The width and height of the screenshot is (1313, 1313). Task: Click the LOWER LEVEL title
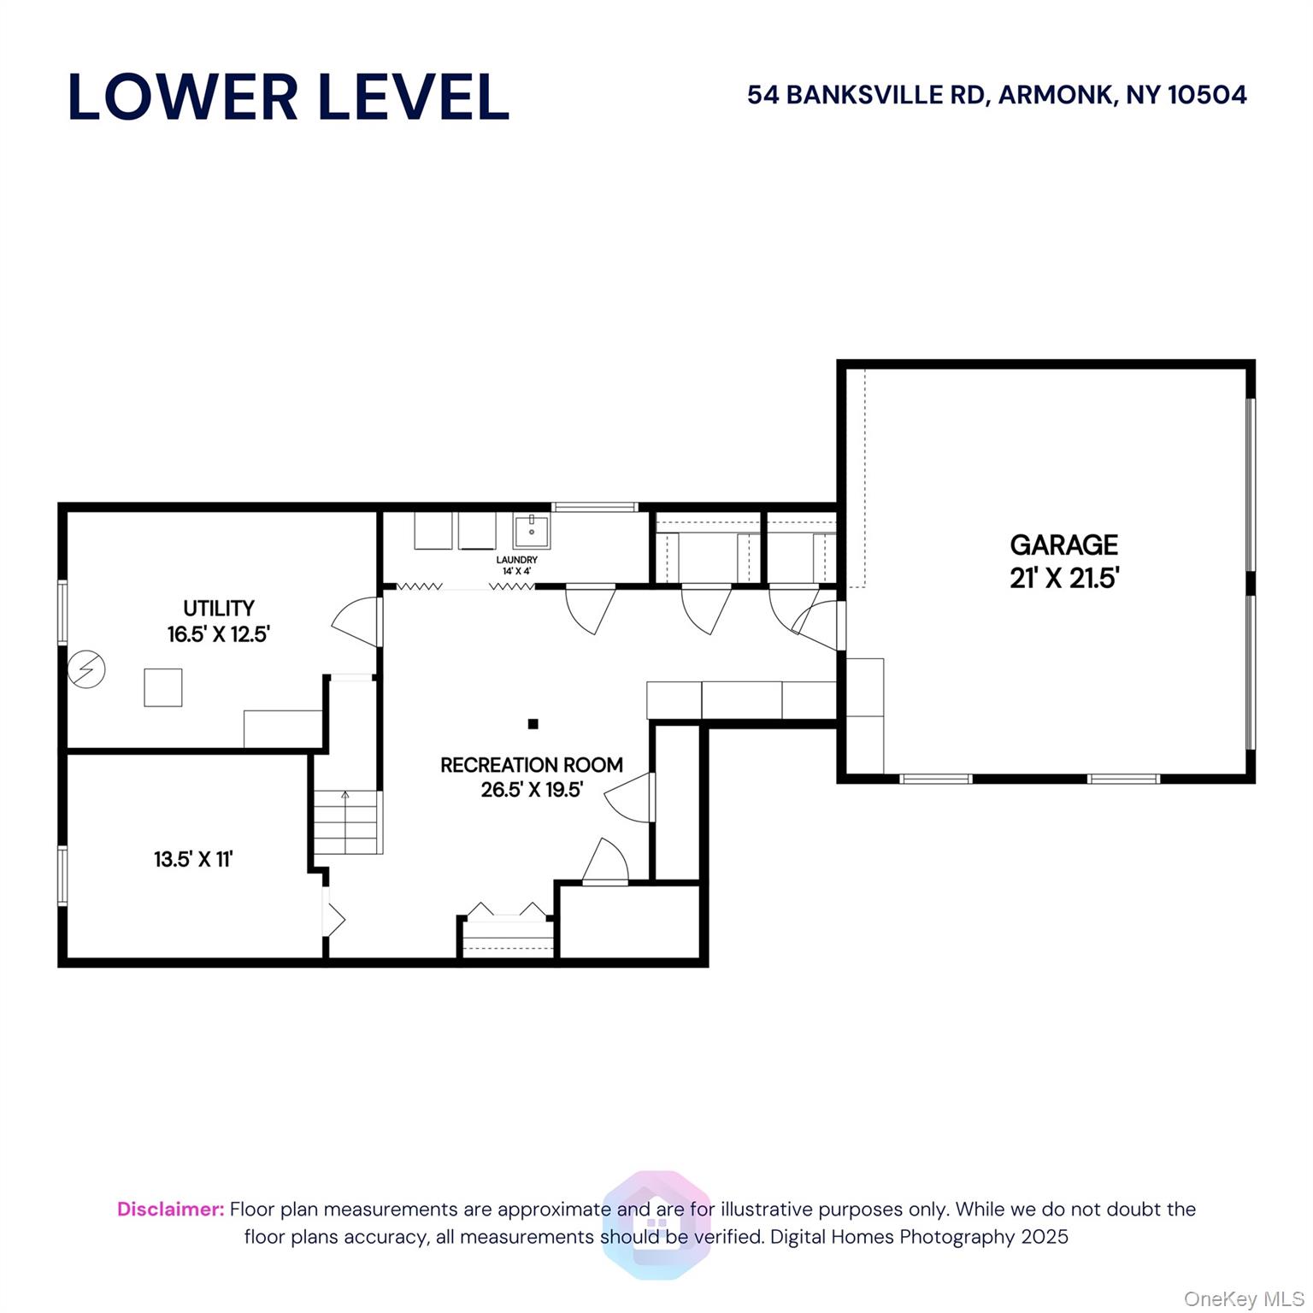click(x=288, y=97)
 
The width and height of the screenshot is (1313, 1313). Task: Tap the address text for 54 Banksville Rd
click(x=997, y=95)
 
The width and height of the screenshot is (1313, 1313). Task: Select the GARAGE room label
click(x=1063, y=545)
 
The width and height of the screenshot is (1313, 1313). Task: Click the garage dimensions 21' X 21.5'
click(x=1064, y=579)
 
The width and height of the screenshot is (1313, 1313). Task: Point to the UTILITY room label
click(x=219, y=608)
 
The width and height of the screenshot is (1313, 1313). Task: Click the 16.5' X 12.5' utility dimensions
click(x=219, y=634)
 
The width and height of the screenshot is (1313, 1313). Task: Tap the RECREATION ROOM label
click(x=532, y=765)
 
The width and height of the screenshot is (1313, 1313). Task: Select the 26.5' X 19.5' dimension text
click(x=532, y=790)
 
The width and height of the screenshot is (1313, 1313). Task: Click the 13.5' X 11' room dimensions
click(x=193, y=859)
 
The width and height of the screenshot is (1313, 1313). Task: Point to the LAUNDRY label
click(x=517, y=560)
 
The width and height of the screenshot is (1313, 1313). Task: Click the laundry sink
click(x=532, y=531)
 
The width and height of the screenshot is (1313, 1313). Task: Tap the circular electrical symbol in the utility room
click(x=86, y=669)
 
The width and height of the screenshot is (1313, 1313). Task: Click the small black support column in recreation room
click(x=533, y=724)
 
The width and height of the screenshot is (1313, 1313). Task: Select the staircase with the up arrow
click(x=346, y=821)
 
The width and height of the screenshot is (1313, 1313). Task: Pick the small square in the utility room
click(x=163, y=687)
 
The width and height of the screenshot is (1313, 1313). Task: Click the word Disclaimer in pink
click(x=171, y=1209)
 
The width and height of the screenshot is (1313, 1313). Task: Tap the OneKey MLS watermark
click(x=1244, y=1299)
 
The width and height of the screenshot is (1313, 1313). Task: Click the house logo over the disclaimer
click(x=656, y=1224)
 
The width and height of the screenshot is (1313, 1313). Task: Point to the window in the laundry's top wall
click(x=595, y=507)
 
